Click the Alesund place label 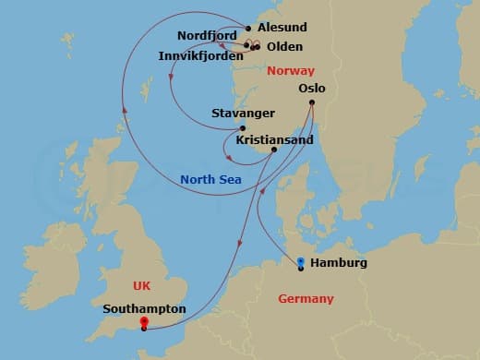pyautogui.click(x=283, y=28)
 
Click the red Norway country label pyautogui.click(x=290, y=71)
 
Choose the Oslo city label pyautogui.click(x=313, y=89)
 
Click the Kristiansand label pyautogui.click(x=275, y=139)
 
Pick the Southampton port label pyautogui.click(x=146, y=309)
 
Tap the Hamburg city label pyautogui.click(x=339, y=263)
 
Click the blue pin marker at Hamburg pyautogui.click(x=301, y=262)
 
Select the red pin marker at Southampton pyautogui.click(x=143, y=322)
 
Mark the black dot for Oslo pyautogui.click(x=312, y=102)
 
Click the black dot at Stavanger pyautogui.click(x=243, y=128)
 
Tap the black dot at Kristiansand pyautogui.click(x=274, y=150)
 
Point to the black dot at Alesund pyautogui.click(x=248, y=29)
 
